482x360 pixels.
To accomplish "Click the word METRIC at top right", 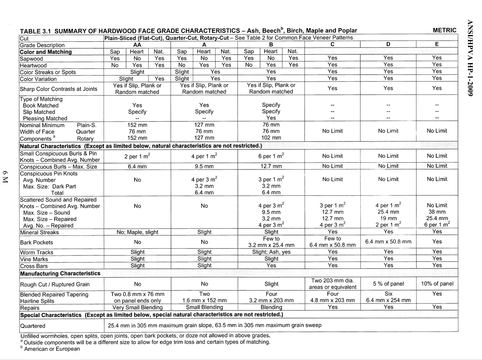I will [x=444, y=30].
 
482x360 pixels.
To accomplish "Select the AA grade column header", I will [x=137, y=45].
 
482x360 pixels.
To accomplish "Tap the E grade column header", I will [x=437, y=45].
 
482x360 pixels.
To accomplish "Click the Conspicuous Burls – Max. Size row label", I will [x=59, y=166].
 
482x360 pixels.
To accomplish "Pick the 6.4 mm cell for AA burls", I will [x=137, y=166].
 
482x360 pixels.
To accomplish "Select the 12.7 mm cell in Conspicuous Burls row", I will [x=271, y=166].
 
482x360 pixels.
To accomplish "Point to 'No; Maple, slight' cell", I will [x=137, y=232].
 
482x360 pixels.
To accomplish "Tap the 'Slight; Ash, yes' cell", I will [x=271, y=252].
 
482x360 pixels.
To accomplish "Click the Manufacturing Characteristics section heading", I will [x=60, y=274].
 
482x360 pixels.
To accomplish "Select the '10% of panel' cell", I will [x=437, y=284].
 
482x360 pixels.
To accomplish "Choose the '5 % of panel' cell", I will [x=388, y=284].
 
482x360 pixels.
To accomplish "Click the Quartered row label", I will [x=33, y=326].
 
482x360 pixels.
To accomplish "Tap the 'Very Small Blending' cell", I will [x=137, y=307].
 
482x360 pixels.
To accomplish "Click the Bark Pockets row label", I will [x=37, y=242].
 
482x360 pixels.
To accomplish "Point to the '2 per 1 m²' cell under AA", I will [x=137, y=157].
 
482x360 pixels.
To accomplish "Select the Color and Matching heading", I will [x=46, y=52].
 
